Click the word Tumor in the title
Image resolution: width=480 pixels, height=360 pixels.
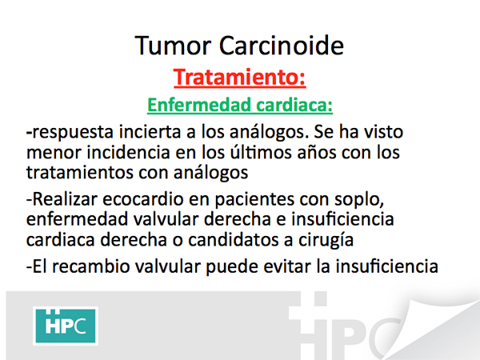coord(173,46)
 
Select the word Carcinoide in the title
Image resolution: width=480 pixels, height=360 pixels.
coord(282,46)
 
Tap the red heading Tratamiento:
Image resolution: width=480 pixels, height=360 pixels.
coord(240,77)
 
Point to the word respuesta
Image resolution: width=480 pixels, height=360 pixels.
coord(73,132)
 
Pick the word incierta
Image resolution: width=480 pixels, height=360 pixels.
coord(150,132)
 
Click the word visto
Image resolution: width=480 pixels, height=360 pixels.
coord(383,132)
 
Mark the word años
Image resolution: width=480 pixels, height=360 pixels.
coord(317,153)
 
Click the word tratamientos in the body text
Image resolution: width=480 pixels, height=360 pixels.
coord(80,172)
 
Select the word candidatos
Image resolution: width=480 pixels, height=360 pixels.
coord(234,240)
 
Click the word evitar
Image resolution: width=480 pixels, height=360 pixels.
coord(287,266)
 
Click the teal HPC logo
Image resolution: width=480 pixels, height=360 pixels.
coord(66,326)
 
